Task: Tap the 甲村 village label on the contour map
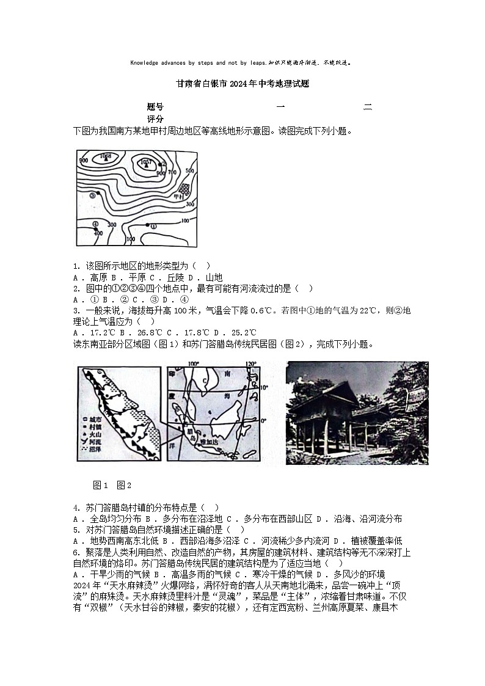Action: click(180, 197)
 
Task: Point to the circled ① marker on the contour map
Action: click(153, 225)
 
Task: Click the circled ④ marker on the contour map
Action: click(95, 224)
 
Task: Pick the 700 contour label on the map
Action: click(172, 173)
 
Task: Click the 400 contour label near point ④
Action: click(98, 233)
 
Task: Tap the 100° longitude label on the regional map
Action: click(194, 365)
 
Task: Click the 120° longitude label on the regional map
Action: click(249, 365)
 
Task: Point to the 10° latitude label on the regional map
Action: click(264, 387)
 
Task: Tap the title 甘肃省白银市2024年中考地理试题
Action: click(242, 84)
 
